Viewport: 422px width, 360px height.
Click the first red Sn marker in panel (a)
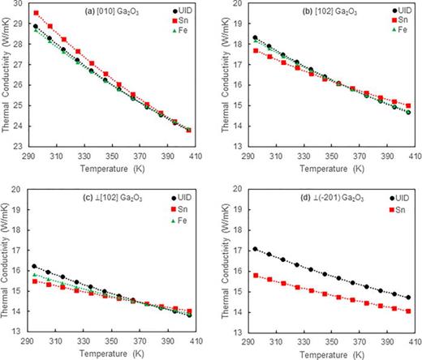coord(36,13)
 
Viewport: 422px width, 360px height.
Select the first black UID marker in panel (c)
coord(36,267)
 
